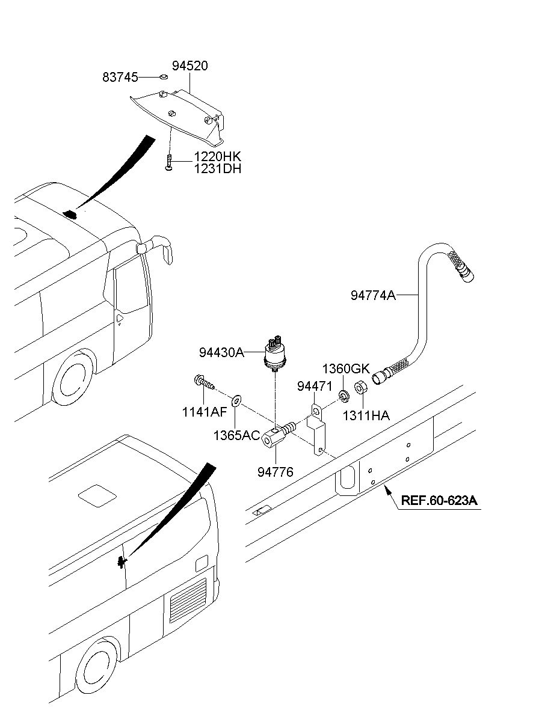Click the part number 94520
(x=190, y=66)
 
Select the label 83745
(x=120, y=78)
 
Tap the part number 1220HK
(x=218, y=157)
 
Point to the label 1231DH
(x=218, y=169)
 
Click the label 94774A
(x=374, y=295)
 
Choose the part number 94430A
(x=221, y=352)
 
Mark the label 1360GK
(x=346, y=369)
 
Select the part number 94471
(x=315, y=387)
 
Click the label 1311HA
(x=366, y=415)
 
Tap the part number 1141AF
(x=205, y=412)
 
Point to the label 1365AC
(x=237, y=435)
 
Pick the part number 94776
(x=276, y=472)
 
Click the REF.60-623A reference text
(x=439, y=500)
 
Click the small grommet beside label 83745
(x=164, y=77)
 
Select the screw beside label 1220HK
(x=168, y=162)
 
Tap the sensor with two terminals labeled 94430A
(x=275, y=353)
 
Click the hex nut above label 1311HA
(x=360, y=388)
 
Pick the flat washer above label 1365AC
(x=236, y=401)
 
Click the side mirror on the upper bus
(x=155, y=249)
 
